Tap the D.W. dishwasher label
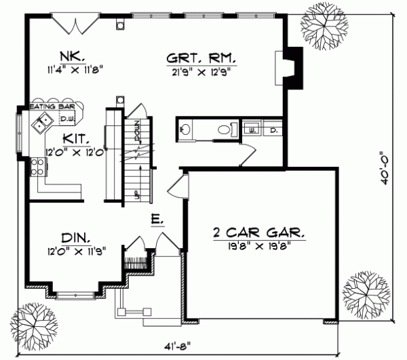pos(66,120)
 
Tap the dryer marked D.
pos(273,127)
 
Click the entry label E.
pos(156,220)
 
